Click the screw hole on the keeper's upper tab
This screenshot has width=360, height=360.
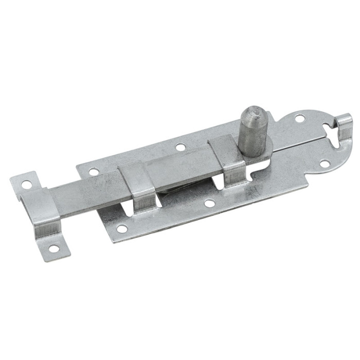26,184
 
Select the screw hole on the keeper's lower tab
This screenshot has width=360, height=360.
53,248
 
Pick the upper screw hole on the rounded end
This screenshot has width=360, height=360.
299,119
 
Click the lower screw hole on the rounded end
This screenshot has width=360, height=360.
325,164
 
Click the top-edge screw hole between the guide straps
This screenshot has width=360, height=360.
180,148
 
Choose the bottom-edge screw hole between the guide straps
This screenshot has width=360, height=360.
209,204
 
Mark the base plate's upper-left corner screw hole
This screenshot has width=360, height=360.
93,172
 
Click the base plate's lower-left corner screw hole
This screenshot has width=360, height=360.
121,228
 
